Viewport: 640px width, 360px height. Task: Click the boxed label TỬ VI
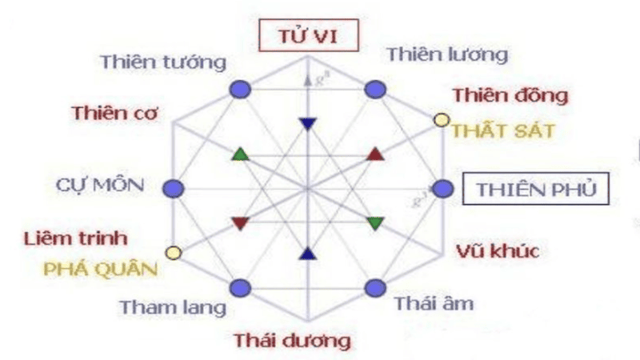pyautogui.click(x=307, y=37)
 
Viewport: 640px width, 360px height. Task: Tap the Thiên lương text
pyautogui.click(x=446, y=54)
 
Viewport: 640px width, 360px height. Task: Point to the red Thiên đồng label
pyautogui.click(x=510, y=95)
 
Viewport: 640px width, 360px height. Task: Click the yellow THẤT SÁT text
pyautogui.click(x=503, y=130)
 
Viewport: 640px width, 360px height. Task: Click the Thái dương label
pyautogui.click(x=292, y=340)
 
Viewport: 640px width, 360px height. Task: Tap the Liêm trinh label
pyautogui.click(x=76, y=238)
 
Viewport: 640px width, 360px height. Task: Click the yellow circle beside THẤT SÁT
pyautogui.click(x=440, y=120)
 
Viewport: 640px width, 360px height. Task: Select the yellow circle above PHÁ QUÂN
pyautogui.click(x=172, y=254)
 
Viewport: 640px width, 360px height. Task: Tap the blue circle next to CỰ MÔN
pyautogui.click(x=174, y=189)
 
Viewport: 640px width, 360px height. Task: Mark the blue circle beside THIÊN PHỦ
pyautogui.click(x=442, y=189)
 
